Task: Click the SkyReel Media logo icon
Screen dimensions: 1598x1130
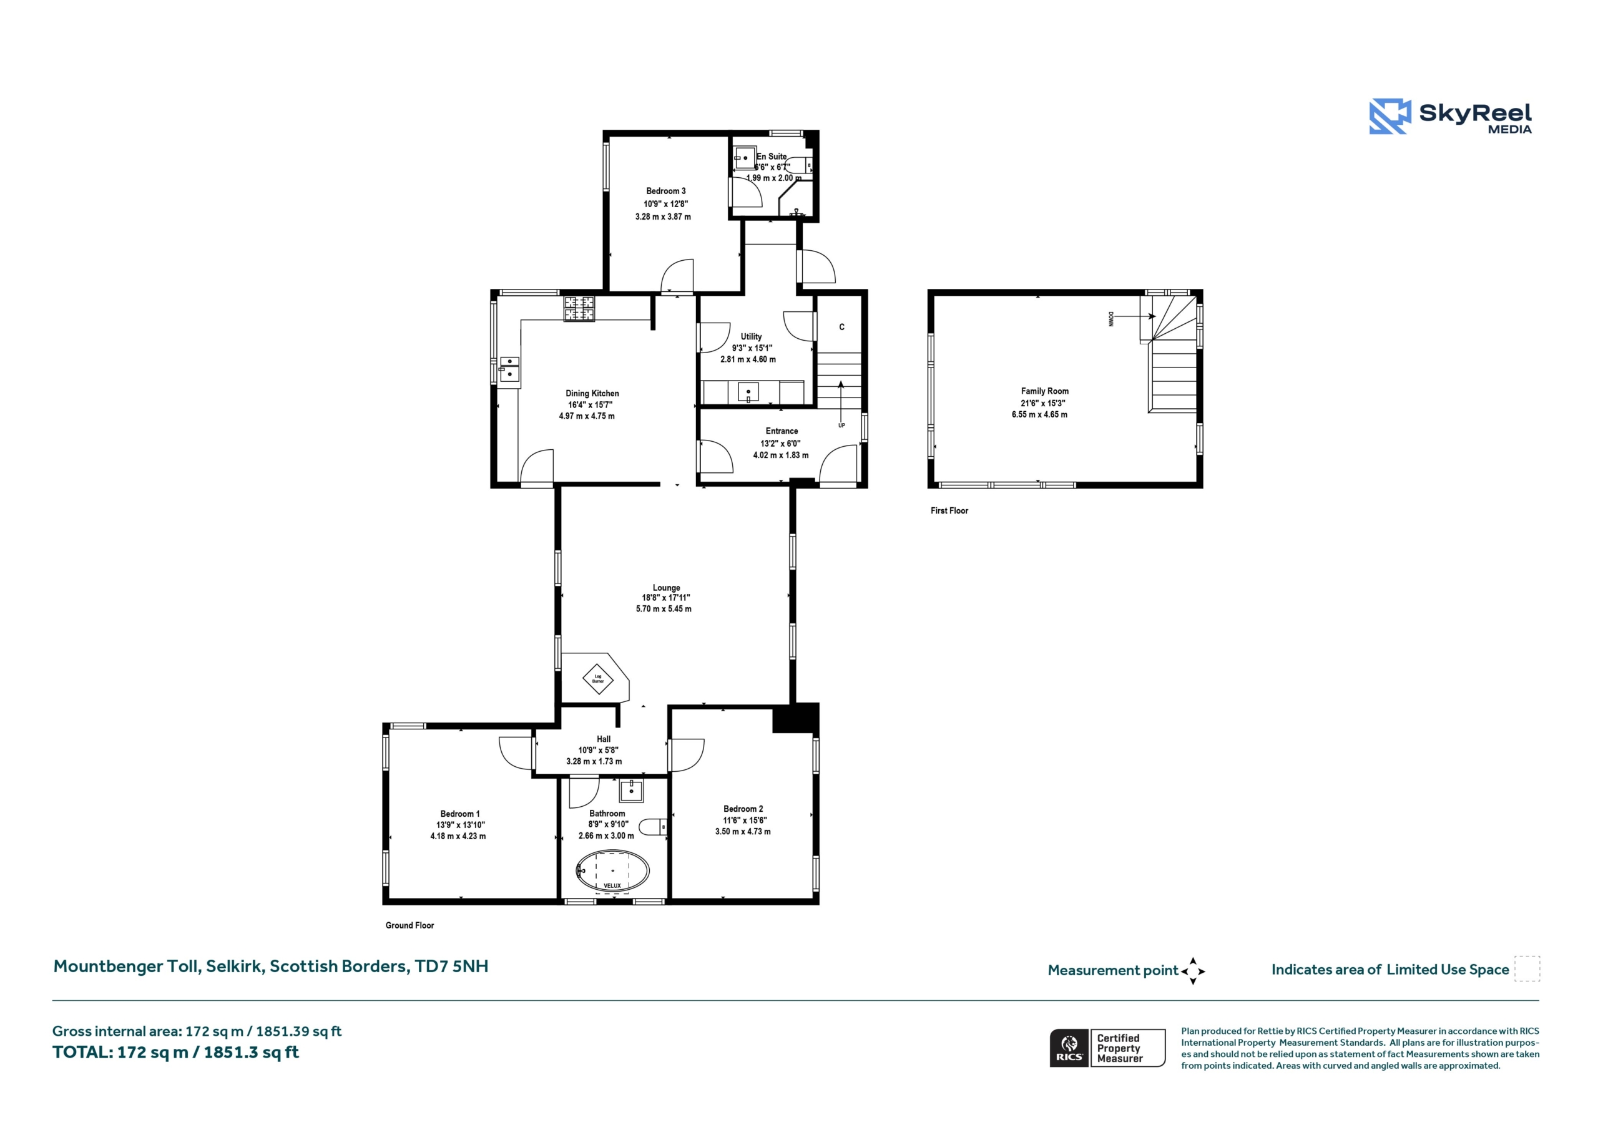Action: click(1390, 116)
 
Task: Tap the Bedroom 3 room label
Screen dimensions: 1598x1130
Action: click(665, 191)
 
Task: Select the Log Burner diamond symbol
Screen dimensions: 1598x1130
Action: click(598, 679)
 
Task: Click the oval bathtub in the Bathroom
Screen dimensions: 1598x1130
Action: click(612, 870)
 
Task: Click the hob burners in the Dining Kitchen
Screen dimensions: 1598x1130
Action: click(579, 309)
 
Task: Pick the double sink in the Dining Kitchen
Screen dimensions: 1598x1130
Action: click(509, 369)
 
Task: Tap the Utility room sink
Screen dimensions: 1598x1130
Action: click(748, 392)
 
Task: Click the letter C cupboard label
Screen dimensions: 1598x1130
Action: click(841, 327)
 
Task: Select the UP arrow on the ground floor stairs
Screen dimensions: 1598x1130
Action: click(841, 403)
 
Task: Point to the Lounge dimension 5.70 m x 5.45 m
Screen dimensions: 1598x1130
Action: click(664, 609)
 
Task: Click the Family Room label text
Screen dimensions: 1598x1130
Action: click(1045, 391)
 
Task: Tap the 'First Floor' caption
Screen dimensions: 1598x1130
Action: click(949, 511)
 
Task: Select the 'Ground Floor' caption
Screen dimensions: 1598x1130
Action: click(409, 925)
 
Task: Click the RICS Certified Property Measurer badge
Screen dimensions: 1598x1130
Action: click(1107, 1048)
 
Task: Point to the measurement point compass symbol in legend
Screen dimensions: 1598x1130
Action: click(1193, 971)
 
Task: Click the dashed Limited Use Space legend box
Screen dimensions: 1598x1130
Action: click(1527, 968)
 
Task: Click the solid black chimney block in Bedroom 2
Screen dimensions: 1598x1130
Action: click(795, 718)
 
